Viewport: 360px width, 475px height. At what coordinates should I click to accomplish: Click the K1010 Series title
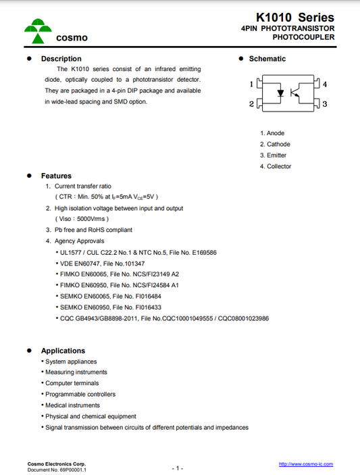point(294,17)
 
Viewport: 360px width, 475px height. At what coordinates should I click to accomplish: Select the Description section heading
point(61,59)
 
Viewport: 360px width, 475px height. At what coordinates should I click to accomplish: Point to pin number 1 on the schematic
point(252,85)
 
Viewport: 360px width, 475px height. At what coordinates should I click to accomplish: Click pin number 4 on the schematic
point(325,85)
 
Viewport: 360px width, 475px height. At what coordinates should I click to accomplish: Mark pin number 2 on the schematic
point(252,104)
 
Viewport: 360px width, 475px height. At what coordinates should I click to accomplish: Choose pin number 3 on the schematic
point(325,104)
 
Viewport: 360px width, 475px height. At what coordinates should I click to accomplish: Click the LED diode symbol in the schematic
point(278,95)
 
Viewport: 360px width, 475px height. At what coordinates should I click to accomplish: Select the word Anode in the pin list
point(276,133)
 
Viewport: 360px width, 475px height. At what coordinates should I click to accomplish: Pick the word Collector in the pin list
point(279,166)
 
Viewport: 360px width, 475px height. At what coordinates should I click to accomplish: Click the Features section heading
point(56,176)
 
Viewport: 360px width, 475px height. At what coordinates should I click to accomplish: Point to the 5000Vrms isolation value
point(90,219)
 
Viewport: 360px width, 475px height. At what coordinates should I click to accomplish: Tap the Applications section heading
point(63,351)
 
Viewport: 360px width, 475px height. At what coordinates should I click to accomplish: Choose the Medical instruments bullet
point(72,405)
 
